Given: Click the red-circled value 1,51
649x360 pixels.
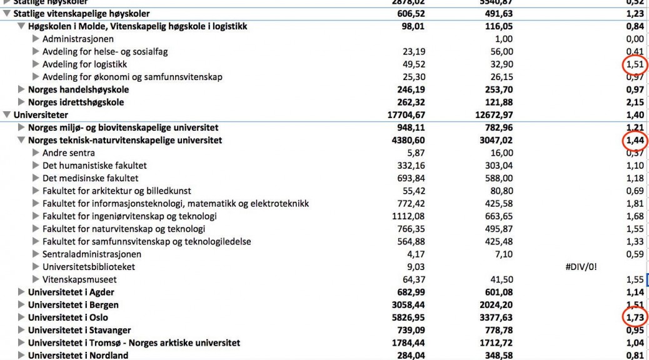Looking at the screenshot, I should (x=634, y=64).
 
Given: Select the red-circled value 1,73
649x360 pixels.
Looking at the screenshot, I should (x=634, y=317).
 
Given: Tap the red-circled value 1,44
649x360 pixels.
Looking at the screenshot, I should (x=634, y=141).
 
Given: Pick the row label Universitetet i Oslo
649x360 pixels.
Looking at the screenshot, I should (x=68, y=317).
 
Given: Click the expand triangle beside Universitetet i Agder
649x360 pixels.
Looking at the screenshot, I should (x=21, y=292).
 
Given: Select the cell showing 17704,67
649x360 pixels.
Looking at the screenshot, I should (x=406, y=115).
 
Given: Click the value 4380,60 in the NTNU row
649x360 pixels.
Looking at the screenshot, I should (x=407, y=141).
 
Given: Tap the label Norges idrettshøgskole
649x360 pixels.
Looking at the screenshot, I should (x=76, y=102).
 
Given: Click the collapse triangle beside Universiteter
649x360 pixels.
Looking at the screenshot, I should (x=7, y=115).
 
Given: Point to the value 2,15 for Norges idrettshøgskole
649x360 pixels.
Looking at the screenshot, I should (x=635, y=102).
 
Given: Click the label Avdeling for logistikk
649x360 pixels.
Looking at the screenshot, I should (x=84, y=64).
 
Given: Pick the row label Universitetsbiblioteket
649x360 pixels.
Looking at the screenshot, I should (x=88, y=267).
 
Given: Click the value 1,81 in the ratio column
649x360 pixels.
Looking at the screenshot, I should (x=635, y=204).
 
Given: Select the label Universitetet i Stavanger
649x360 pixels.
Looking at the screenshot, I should (x=79, y=330).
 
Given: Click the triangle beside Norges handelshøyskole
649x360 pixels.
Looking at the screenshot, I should (x=21, y=90).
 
